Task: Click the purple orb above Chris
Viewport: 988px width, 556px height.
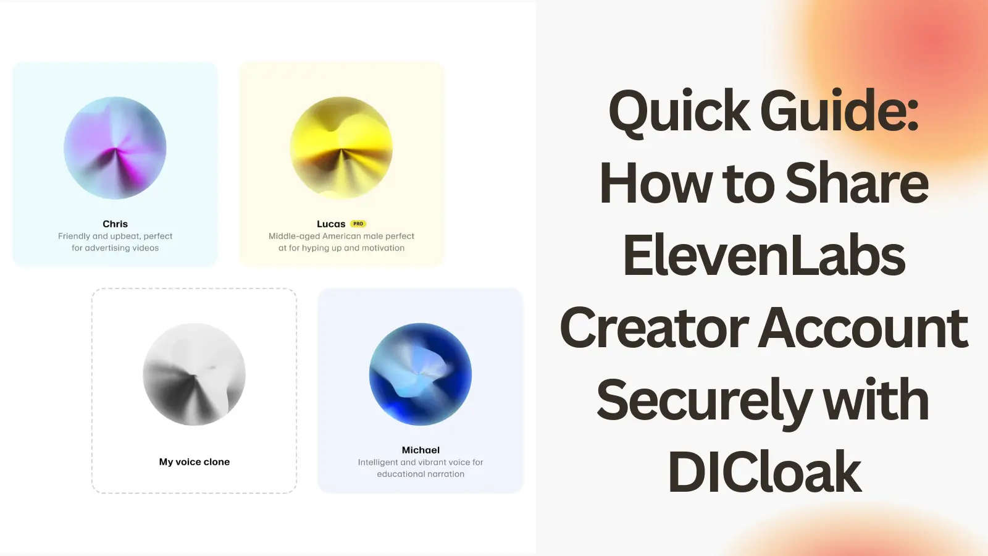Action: tap(115, 148)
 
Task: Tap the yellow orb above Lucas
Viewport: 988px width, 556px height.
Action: tap(341, 148)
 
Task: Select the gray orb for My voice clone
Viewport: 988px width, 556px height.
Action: tap(194, 374)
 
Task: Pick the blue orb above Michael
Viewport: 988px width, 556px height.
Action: tap(421, 374)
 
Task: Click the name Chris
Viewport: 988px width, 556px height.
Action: tap(115, 224)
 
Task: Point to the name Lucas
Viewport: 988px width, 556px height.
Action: tap(331, 224)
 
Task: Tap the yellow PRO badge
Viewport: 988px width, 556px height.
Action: tap(358, 224)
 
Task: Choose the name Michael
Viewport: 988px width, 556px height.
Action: tap(421, 450)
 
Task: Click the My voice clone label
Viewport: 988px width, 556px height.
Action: tap(194, 462)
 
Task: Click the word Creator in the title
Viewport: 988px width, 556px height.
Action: tap(655, 328)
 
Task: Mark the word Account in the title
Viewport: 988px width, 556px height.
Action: tap(863, 328)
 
